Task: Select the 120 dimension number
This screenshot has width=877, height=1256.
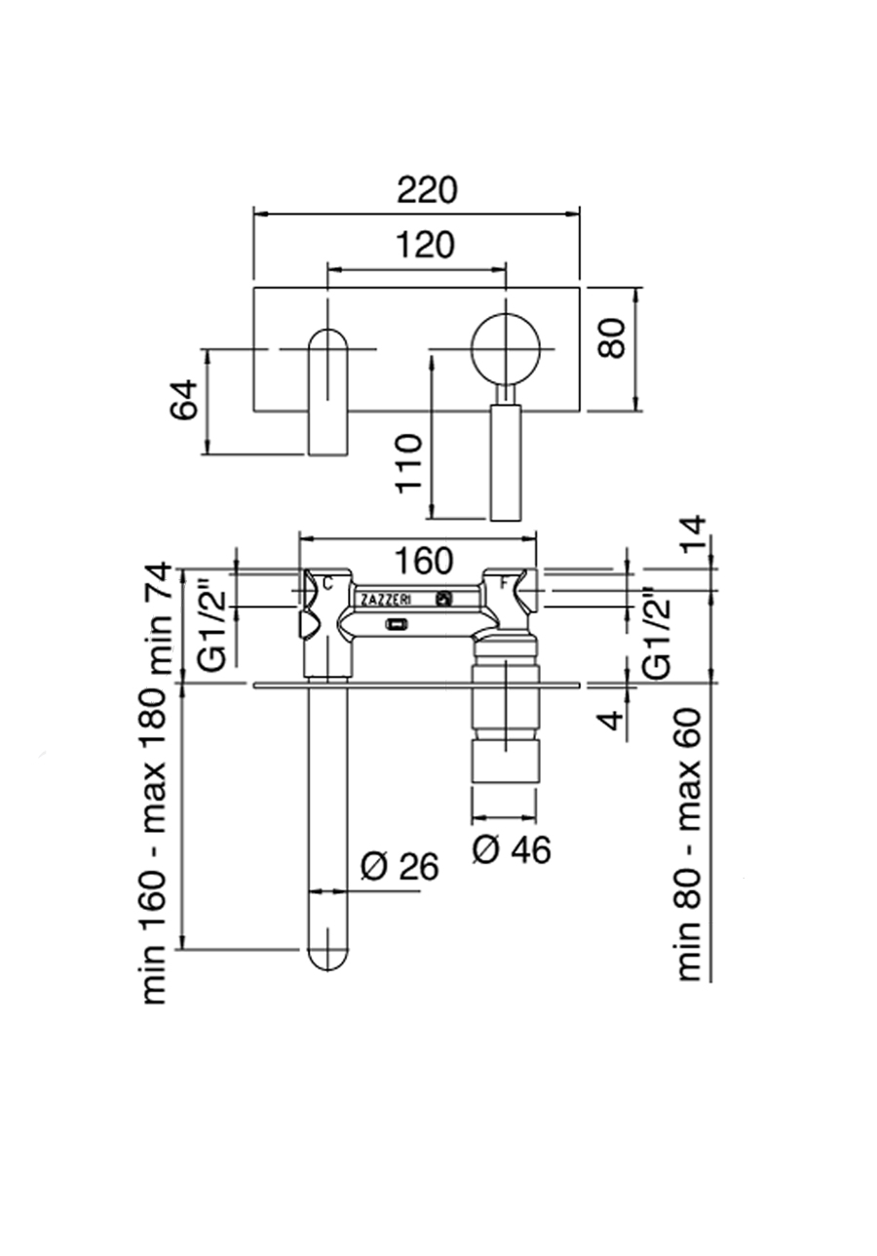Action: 425,245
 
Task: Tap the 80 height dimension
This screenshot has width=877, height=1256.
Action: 611,338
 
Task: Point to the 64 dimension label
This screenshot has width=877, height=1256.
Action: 184,399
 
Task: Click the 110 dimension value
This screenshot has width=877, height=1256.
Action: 408,463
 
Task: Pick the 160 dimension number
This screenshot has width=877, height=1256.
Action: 424,560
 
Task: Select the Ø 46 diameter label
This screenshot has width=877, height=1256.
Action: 511,849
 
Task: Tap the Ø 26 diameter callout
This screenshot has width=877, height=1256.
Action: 399,867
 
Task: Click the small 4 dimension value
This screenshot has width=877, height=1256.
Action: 615,720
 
